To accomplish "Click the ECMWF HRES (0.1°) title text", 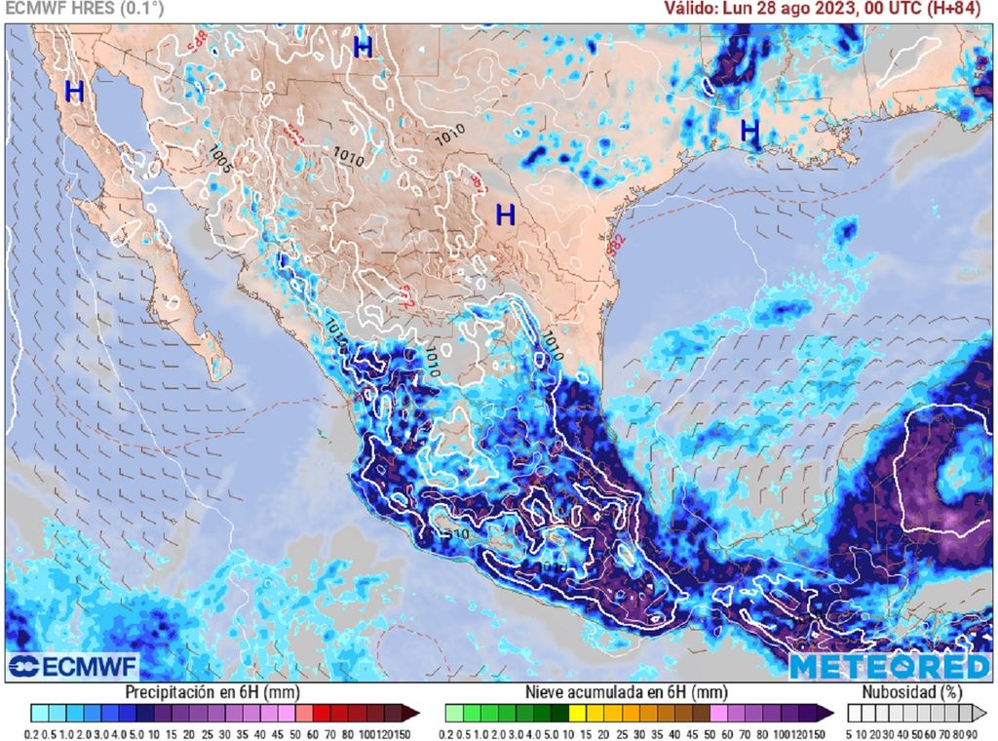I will [x=84, y=10].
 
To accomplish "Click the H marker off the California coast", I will [x=74, y=93].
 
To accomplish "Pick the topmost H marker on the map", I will [x=364, y=47].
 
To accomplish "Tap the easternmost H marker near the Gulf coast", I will [x=748, y=130].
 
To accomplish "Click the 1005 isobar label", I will [x=220, y=159].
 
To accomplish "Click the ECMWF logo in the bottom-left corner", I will [x=73, y=667].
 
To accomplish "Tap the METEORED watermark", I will [x=889, y=667].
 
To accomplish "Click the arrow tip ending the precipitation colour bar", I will [x=413, y=713].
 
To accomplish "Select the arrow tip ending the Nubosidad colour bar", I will [x=984, y=713].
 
